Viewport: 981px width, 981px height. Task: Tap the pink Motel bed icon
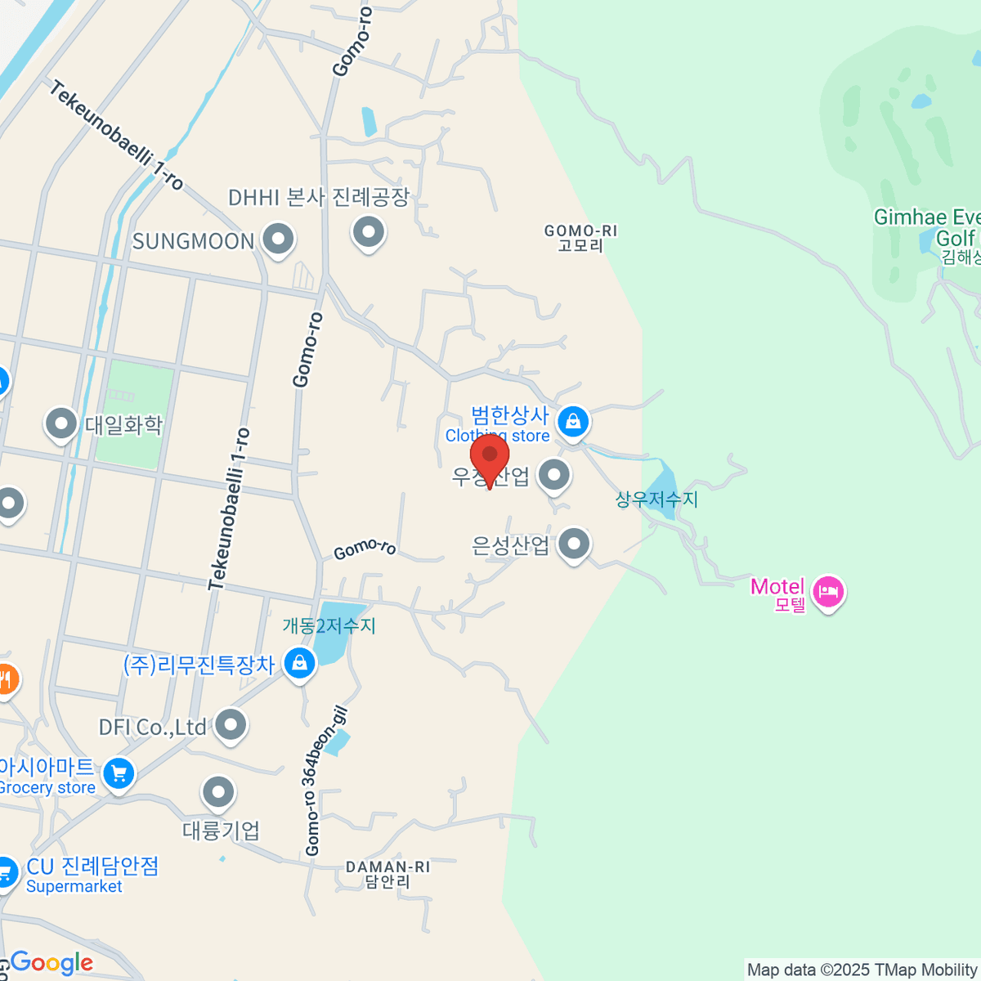[828, 591]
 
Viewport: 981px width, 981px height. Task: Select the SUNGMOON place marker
[278, 240]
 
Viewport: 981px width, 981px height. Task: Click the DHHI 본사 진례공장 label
[318, 198]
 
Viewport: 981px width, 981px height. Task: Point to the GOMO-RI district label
[580, 238]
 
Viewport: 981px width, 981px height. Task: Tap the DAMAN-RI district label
[387, 874]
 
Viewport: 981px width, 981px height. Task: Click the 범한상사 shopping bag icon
[573, 422]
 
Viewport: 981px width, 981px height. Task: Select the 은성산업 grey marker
[574, 544]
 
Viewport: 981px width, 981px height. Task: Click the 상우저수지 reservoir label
[656, 499]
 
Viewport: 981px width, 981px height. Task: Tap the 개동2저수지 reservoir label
[329, 626]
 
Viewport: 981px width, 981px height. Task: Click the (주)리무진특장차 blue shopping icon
[299, 663]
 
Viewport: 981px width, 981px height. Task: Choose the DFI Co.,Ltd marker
[231, 724]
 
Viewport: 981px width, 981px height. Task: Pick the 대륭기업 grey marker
[218, 792]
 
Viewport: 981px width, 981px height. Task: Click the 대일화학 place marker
[61, 423]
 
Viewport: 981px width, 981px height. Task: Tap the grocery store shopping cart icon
[119, 773]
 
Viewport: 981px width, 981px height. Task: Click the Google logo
[51, 963]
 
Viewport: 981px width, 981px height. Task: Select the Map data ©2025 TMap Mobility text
[862, 970]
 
